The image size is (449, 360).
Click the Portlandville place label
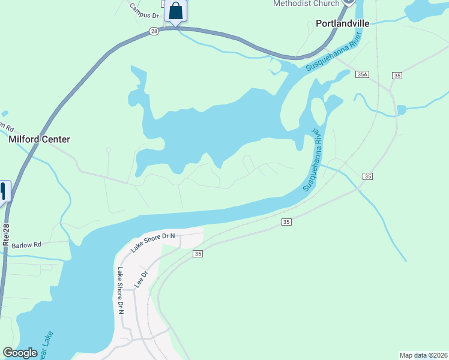pyautogui.click(x=342, y=23)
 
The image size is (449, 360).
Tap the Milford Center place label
pyautogui.click(x=40, y=139)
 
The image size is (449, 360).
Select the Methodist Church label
pyautogui.click(x=306, y=4)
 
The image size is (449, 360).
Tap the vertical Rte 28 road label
pyautogui.click(x=7, y=235)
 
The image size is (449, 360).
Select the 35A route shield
pyautogui.click(x=361, y=74)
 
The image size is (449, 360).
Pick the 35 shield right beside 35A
pyautogui.click(x=397, y=75)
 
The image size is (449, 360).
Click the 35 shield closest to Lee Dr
pyautogui.click(x=198, y=254)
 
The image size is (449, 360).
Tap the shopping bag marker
pyautogui.click(x=175, y=11)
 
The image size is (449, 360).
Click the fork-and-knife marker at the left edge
pyautogui.click(x=3, y=191)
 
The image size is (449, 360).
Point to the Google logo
pyautogui.click(x=20, y=353)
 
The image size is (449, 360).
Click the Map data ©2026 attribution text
pyautogui.click(x=423, y=355)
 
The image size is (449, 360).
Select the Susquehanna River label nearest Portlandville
pyautogui.click(x=334, y=53)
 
